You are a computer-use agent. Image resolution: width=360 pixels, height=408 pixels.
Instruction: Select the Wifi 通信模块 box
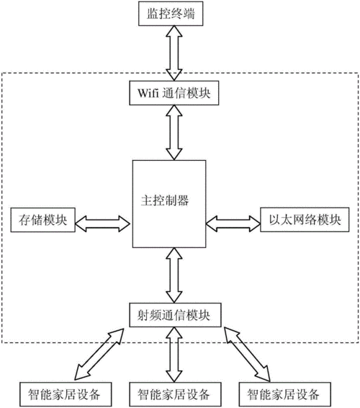click(x=174, y=93)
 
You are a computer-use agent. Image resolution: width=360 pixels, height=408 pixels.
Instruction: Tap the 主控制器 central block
click(x=173, y=202)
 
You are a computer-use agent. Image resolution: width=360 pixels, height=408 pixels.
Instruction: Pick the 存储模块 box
click(x=40, y=220)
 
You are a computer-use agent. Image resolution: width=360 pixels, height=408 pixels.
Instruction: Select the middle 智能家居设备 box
click(x=174, y=394)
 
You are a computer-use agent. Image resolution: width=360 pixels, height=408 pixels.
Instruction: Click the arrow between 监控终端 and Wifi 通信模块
click(x=174, y=54)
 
